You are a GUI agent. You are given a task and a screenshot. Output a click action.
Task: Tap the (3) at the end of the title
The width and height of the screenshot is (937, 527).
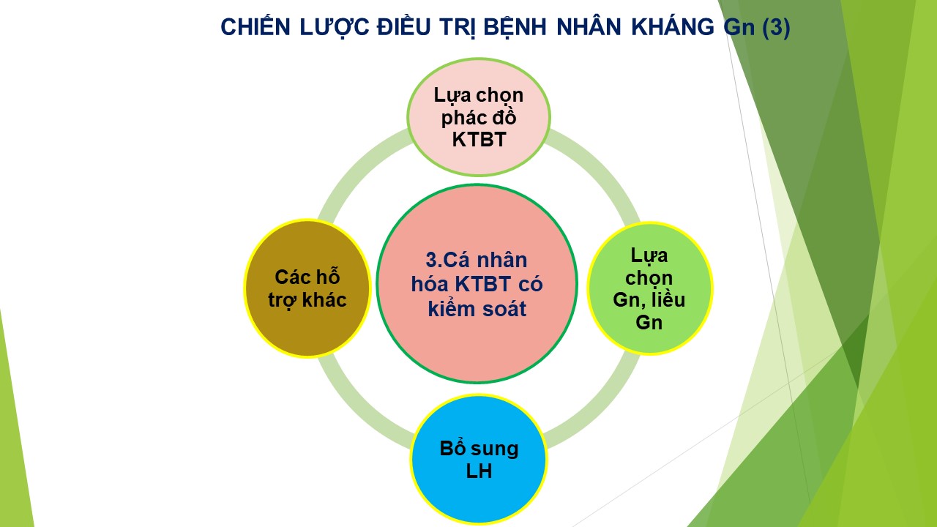pos(776,27)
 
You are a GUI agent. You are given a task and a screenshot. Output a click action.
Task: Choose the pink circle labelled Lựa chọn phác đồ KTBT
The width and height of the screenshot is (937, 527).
pos(479,117)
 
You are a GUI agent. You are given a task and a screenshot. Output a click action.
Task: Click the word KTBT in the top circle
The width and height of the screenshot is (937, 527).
pos(479,140)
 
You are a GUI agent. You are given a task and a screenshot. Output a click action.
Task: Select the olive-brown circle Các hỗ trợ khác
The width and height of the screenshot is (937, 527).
pos(307,288)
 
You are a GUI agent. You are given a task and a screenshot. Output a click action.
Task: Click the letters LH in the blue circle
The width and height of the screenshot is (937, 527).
pos(479,471)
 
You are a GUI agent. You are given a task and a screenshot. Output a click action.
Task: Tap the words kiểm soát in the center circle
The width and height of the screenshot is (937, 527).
pos(477,309)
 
